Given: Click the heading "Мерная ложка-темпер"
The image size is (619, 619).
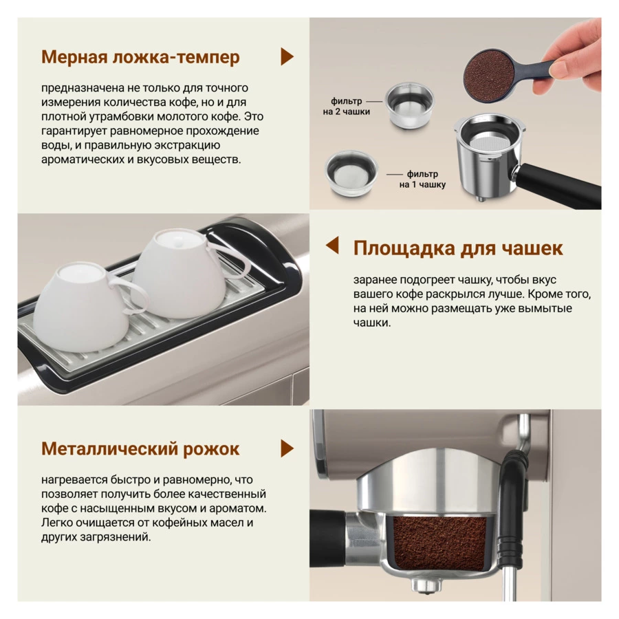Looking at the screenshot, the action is (140, 57).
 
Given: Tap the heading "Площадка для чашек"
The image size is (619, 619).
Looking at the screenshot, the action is (458, 248).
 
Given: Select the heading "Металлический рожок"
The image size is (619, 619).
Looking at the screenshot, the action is (140, 449).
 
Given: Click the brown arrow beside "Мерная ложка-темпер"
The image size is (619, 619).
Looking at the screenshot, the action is (287, 56).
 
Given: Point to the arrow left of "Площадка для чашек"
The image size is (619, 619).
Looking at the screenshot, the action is (332, 245).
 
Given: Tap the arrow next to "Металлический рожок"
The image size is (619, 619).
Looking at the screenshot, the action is (287, 448).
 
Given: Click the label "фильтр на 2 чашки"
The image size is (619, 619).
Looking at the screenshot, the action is (346, 107).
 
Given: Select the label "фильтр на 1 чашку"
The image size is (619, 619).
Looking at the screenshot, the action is (422, 180).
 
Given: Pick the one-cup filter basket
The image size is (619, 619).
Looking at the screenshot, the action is (351, 173).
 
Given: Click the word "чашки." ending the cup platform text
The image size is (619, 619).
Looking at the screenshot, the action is (372, 323).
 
